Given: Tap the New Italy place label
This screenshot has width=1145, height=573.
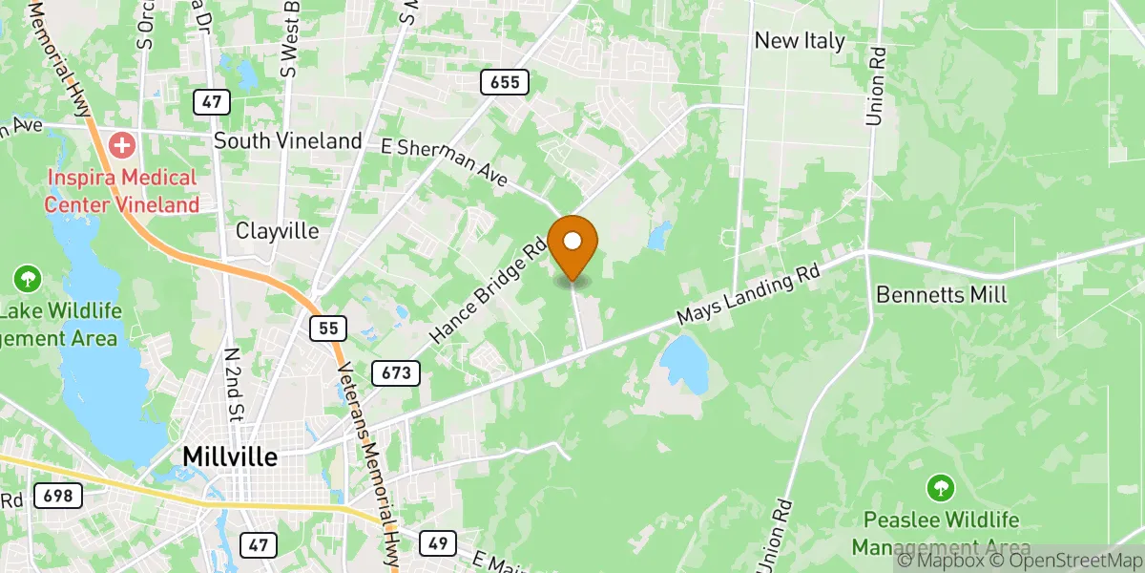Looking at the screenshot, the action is click(x=800, y=41).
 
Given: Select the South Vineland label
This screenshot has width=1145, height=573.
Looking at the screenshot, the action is click(x=287, y=141).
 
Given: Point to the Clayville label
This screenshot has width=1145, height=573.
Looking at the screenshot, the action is click(x=278, y=232).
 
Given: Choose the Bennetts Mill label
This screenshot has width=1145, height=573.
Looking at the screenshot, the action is click(x=941, y=294).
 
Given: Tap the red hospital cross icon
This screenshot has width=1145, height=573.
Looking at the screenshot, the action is click(x=122, y=146).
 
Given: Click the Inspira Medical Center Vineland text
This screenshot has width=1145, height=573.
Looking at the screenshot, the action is click(x=121, y=191).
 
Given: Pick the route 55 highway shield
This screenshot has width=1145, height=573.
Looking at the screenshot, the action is click(x=328, y=329).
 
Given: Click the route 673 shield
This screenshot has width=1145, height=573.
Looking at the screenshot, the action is click(x=395, y=372).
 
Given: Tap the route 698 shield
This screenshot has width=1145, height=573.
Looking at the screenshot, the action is click(x=58, y=496).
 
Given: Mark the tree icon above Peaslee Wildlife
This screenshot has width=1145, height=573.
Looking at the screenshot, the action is click(x=941, y=489).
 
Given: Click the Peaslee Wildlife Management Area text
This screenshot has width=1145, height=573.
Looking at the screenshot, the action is click(x=941, y=534).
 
